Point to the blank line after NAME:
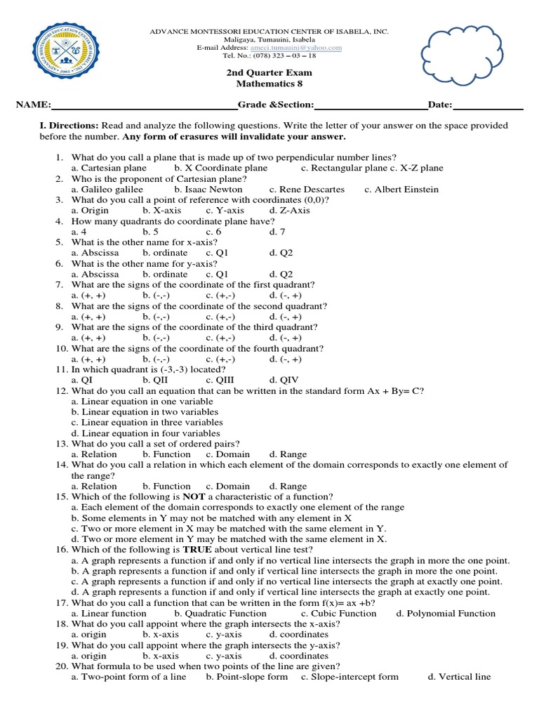point(144,105)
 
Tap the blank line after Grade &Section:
point(371,105)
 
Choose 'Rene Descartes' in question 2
point(307,190)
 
